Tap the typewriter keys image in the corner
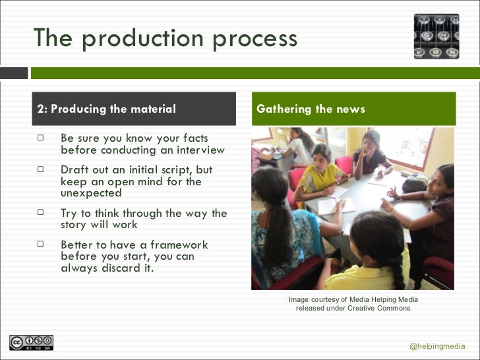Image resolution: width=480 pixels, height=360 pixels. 436,36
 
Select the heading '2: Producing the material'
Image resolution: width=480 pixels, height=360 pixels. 107,109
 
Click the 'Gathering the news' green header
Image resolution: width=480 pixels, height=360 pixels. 311,109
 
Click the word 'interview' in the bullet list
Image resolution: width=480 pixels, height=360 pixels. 198,150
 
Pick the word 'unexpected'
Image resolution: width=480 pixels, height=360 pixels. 91,193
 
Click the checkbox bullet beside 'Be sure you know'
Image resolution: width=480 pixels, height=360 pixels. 41,138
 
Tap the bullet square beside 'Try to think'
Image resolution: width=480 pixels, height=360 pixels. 41,213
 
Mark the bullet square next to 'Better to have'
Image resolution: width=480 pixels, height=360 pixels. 41,245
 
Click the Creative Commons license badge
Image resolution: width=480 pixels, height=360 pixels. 31,342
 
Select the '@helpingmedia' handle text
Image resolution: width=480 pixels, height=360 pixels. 437,347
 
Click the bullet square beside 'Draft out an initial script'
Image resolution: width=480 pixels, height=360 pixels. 41,169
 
